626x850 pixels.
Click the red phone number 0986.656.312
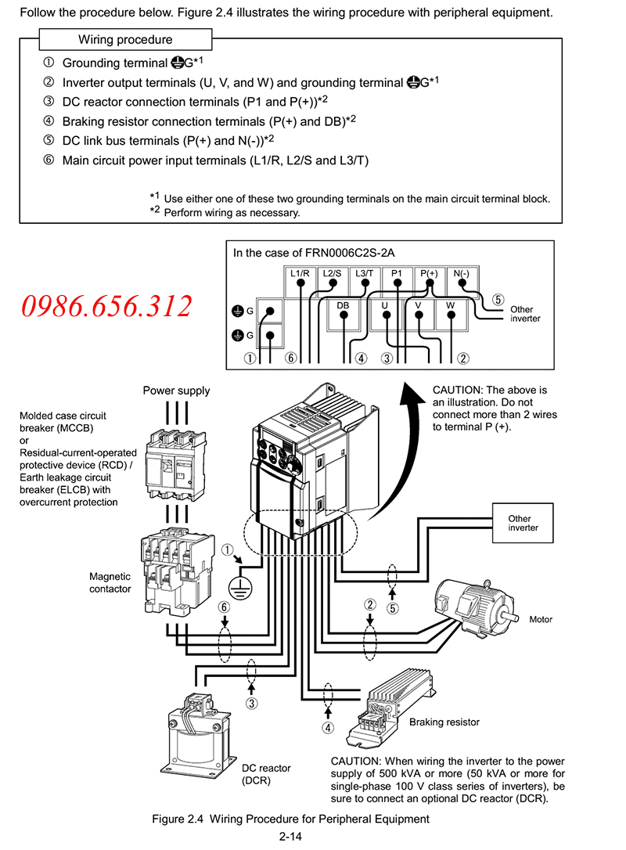click(x=106, y=306)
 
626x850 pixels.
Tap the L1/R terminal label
click(x=300, y=273)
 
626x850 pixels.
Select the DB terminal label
click(x=343, y=306)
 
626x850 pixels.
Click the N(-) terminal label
click(x=461, y=273)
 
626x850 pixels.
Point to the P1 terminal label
click(x=397, y=273)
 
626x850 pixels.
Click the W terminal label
click(x=451, y=305)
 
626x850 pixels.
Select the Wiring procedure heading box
click(x=125, y=40)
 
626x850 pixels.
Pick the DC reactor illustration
click(x=199, y=733)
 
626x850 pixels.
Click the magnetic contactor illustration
click(x=177, y=571)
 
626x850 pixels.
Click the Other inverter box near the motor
click(x=523, y=523)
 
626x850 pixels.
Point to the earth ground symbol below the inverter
click(x=239, y=588)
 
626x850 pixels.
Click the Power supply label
click(x=176, y=391)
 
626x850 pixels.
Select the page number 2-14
click(x=290, y=837)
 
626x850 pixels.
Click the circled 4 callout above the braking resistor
click(x=328, y=727)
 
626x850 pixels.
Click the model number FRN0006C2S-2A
click(x=350, y=253)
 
